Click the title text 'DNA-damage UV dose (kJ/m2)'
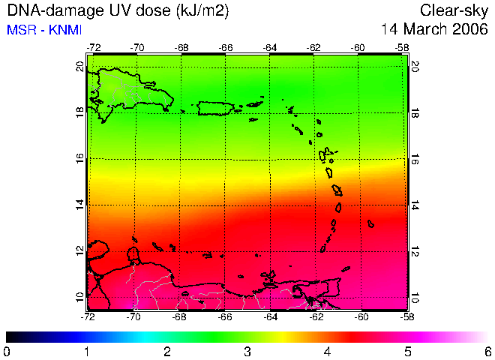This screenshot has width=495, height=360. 118,11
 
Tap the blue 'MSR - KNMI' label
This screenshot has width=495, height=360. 44,30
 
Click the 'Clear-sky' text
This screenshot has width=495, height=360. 454,11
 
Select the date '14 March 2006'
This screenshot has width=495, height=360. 434,29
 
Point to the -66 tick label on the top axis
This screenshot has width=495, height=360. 226,48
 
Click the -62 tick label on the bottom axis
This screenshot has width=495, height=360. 316,316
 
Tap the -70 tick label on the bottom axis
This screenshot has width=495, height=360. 133,316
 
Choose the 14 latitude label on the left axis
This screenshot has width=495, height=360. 80,205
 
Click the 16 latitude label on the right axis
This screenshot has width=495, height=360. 414,160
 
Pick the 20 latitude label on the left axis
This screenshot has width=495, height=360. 80,67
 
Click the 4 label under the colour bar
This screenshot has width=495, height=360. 327,352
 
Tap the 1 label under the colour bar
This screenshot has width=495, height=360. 86,352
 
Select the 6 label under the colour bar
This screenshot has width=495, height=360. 488,352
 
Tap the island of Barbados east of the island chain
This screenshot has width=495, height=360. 371,223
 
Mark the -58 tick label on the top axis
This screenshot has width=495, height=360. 402,48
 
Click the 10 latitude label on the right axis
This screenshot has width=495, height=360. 414,298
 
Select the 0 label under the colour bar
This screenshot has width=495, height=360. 6,352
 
